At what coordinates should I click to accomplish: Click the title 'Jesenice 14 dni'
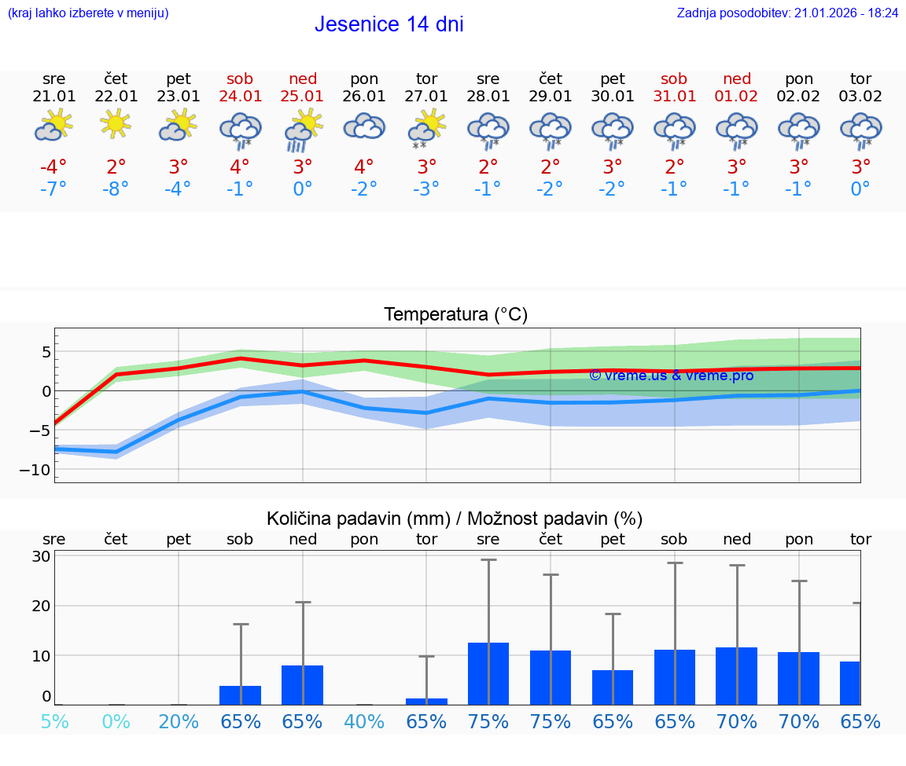389,24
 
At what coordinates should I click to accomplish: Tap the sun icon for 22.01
116,124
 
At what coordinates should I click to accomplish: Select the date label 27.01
426,97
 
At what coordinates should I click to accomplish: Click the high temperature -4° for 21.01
53,167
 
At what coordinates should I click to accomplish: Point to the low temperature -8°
116,189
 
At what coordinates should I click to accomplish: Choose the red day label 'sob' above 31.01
674,79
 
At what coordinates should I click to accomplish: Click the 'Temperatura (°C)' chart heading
455,315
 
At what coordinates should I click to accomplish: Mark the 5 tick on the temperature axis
46,351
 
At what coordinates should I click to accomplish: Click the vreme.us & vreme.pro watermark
671,376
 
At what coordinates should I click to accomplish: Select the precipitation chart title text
455,519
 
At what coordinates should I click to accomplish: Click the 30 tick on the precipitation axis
41,556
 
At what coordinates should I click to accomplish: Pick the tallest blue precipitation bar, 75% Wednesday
488,673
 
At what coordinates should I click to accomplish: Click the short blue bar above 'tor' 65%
426,701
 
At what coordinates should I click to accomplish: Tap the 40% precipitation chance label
364,721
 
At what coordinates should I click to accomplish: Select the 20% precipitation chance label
179,721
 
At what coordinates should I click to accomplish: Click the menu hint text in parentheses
88,13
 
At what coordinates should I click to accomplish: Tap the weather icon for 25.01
303,130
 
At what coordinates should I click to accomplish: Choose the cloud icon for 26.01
364,126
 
